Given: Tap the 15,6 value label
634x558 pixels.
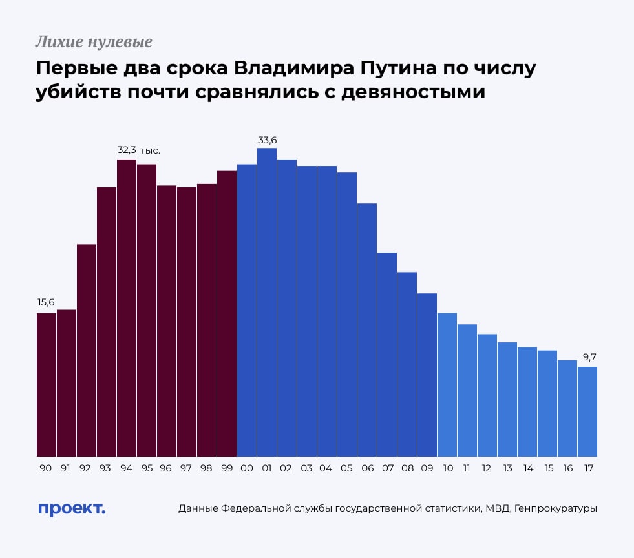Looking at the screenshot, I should pyautogui.click(x=47, y=303).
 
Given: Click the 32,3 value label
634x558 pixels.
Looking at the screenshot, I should pyautogui.click(x=127, y=150).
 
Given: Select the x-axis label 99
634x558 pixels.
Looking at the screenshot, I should pyautogui.click(x=226, y=468).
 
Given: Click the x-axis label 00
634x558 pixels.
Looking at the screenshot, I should pyautogui.click(x=247, y=468).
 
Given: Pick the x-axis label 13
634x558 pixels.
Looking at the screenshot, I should pyautogui.click(x=507, y=468).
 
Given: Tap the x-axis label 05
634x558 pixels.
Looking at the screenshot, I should pyautogui.click(x=347, y=468).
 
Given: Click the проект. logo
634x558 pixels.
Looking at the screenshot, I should pyautogui.click(x=71, y=508).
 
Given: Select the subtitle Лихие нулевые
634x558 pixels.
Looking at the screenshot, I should pyautogui.click(x=94, y=43).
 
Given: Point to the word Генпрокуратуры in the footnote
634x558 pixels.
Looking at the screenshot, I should pyautogui.click(x=556, y=509).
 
